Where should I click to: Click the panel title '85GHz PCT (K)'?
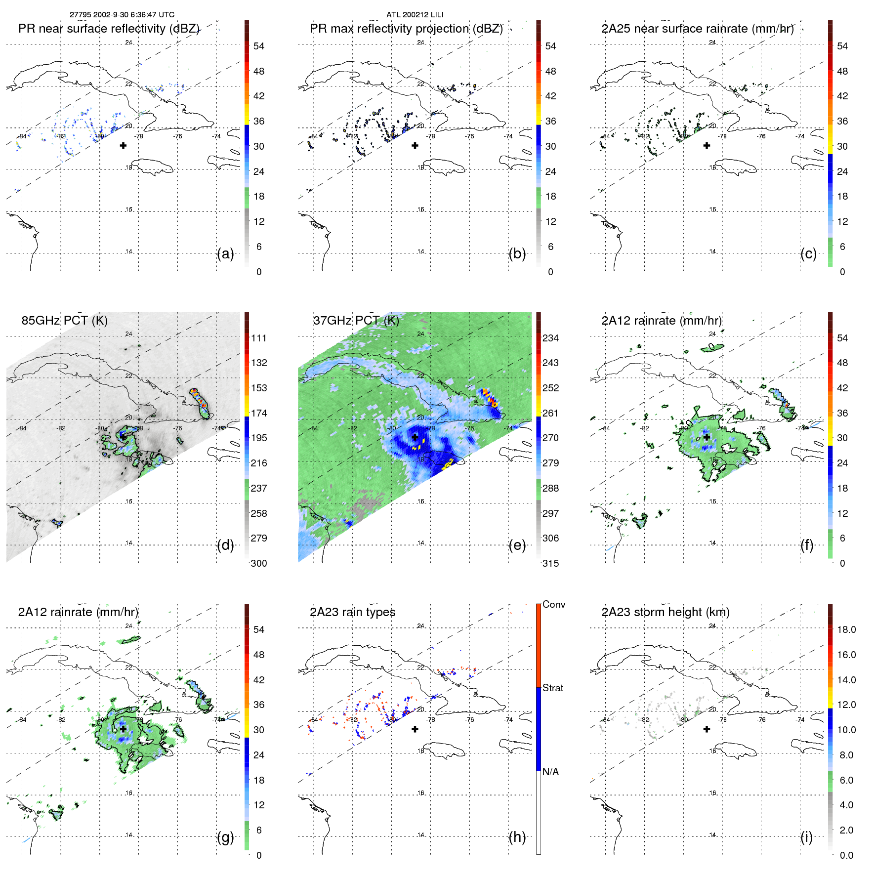64,321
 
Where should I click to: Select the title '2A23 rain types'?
352,612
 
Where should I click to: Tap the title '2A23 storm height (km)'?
665,612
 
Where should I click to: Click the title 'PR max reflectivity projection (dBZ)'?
406,29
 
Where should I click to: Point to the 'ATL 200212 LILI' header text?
415,15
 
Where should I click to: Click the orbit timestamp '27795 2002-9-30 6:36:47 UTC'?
122,15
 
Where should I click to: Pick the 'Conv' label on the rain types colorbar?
553,604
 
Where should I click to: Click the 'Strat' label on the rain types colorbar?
552,688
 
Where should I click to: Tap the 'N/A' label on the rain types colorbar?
550,772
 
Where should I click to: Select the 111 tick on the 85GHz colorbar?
259,338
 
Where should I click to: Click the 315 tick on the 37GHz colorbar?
550,563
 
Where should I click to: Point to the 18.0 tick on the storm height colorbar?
846,629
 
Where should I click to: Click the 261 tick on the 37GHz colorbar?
550,413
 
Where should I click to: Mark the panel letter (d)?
225,545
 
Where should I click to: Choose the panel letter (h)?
517,836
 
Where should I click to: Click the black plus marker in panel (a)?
123,145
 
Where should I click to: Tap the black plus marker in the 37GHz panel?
415,437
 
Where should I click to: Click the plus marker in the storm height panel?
707,729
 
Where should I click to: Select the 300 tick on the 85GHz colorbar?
259,563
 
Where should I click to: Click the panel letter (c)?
808,253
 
